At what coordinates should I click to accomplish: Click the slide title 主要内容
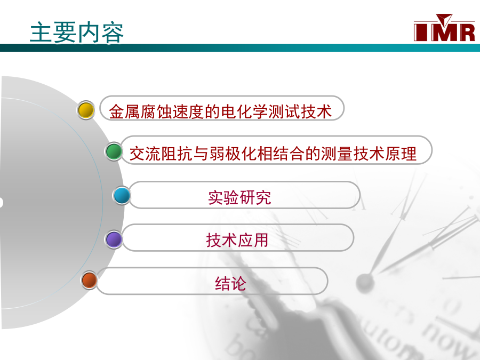tap(76, 32)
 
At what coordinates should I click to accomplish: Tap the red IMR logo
tap(444, 28)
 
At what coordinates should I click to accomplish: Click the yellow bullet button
tap(86, 110)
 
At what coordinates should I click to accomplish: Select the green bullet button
tap(114, 151)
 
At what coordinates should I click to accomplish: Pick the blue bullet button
tap(122, 195)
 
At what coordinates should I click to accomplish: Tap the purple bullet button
tap(114, 239)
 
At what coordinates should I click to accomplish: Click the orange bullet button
tap(90, 280)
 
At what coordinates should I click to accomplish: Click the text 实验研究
tap(239, 197)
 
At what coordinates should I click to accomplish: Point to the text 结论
tap(230, 283)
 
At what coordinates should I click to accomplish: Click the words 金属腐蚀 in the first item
tap(140, 111)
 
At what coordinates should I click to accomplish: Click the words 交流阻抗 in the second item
tap(161, 154)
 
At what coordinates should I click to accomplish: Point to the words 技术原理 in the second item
tap(385, 154)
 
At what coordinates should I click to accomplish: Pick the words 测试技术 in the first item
tap(300, 111)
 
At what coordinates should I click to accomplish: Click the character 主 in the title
tap(41, 32)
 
